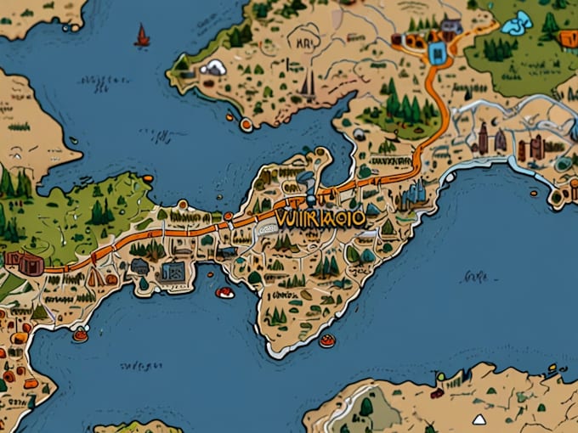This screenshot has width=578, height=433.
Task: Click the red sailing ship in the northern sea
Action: click(142, 36)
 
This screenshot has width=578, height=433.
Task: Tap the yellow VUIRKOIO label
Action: click(320, 218)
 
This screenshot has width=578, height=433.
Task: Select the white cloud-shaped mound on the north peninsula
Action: click(213, 67)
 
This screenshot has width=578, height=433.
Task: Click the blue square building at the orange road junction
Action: click(438, 54)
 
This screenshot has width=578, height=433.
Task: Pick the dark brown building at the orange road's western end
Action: click(24, 262)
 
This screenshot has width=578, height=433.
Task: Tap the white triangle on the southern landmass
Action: click(479, 419)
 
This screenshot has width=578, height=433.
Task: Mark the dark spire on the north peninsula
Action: click(308, 83)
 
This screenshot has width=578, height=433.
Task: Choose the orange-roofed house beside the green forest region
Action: click(567, 38)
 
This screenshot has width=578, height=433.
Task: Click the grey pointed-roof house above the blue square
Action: click(450, 27)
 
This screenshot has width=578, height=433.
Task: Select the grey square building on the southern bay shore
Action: click(173, 272)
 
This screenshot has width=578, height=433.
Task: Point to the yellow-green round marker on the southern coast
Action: click(440, 376)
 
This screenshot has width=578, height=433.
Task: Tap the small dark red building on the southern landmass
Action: click(437, 393)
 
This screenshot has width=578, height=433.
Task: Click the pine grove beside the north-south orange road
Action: click(399, 107)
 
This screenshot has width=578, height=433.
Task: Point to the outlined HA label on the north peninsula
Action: click(303, 38)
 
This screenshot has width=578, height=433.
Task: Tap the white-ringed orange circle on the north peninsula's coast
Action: click(246, 125)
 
